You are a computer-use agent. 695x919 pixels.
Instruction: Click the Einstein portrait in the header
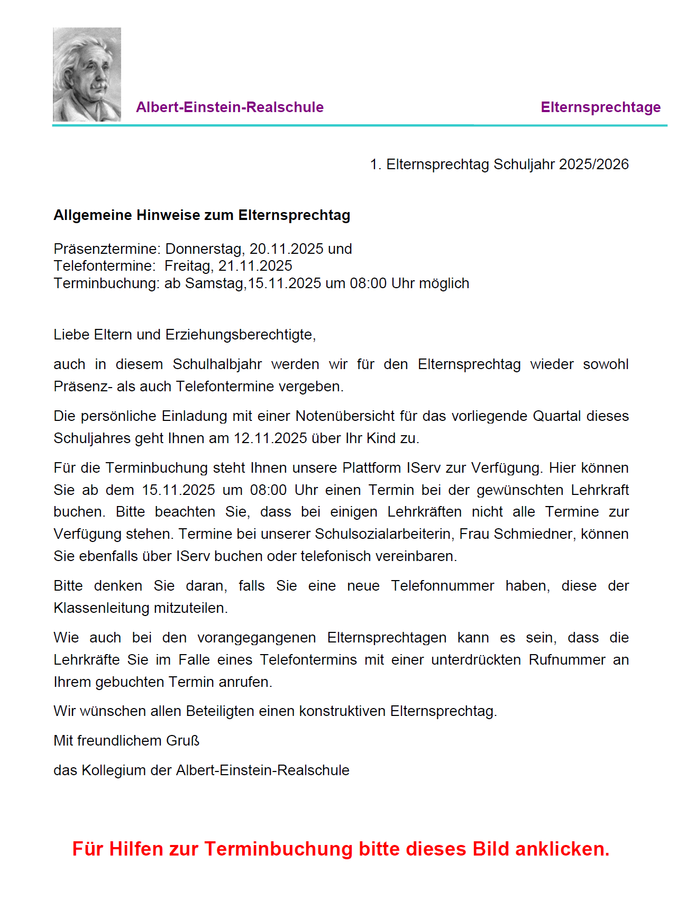[x=87, y=75]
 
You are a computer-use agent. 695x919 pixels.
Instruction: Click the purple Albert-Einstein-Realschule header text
[x=230, y=107]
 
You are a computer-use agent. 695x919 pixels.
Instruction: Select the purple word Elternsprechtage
[x=600, y=107]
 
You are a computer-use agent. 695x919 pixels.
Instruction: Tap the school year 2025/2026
[x=593, y=164]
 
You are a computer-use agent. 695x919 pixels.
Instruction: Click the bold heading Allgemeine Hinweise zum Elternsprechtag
[x=202, y=215]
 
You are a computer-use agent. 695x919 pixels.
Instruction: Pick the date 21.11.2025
[x=255, y=266]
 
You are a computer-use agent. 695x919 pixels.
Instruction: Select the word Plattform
[x=372, y=468]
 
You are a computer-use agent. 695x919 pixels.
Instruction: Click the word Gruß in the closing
[x=183, y=741]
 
